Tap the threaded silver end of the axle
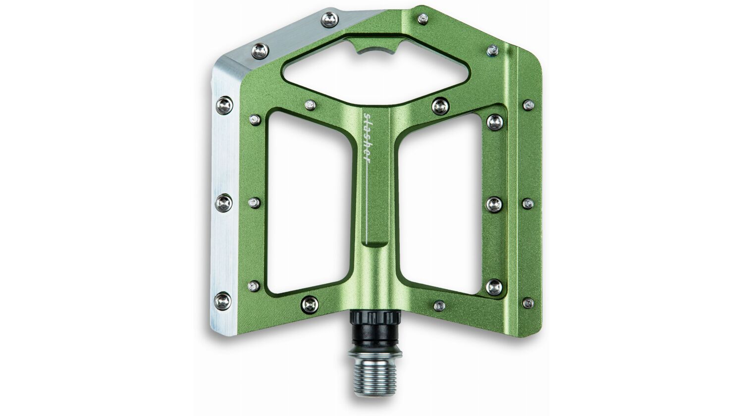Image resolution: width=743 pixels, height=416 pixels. pos(375,376)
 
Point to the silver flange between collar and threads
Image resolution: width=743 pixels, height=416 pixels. pos(375,353)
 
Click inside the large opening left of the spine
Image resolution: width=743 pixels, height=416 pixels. pos(310,203)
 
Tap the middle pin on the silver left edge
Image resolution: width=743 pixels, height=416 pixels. pos(223,203)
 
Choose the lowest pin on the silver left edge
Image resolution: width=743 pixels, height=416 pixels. pos(222,300)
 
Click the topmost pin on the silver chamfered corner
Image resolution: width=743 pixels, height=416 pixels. pos(329,20)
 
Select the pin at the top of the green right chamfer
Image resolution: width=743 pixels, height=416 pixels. pos(423,19)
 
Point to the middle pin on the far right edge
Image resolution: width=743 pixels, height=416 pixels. pos(528,203)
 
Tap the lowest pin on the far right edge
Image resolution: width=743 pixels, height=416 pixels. pos(528,303)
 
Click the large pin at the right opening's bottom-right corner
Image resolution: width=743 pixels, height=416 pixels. pos(494,286)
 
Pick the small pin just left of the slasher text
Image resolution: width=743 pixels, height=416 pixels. pos(310,104)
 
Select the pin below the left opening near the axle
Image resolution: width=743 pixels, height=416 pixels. pos(310,304)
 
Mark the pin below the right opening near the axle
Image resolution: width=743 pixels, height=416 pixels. pos(439,306)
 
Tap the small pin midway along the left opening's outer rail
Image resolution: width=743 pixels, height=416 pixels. pos(254,202)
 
